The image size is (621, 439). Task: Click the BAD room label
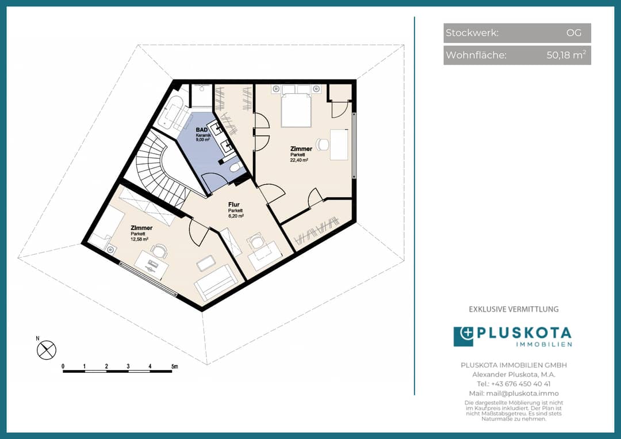coord(202,130)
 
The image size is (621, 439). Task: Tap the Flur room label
coord(233,205)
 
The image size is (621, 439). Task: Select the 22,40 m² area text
coord(299,161)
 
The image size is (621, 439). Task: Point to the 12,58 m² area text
coord(139,239)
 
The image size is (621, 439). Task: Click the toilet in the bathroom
coord(235,167)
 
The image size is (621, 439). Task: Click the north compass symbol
coord(47,350)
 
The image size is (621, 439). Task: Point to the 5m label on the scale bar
coord(175,367)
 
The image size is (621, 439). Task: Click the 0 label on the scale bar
coord(63,367)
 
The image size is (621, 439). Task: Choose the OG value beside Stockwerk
coord(574,32)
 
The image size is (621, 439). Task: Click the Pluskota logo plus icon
coord(463,337)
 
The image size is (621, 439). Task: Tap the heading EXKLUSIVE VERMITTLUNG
coord(513,309)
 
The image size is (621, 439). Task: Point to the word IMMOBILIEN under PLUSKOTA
coord(544,344)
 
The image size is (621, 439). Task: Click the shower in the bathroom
coord(202,95)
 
